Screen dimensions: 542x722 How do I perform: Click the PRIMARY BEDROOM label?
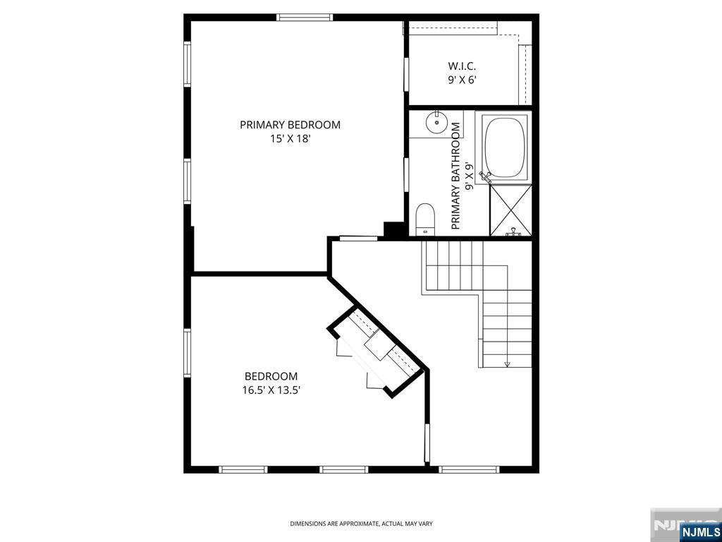290,125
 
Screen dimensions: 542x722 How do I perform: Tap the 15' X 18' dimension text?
290,140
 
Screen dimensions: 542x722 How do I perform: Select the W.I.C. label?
462,66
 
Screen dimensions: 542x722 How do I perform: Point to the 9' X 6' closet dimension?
462,80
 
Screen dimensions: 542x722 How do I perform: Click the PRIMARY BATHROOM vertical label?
455,176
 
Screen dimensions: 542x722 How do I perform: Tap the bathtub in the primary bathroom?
505,147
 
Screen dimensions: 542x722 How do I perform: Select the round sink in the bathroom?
437,123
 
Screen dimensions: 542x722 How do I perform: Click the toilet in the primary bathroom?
425,218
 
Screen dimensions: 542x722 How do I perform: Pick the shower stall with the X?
510,210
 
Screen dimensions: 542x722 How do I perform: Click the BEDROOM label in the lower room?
271,376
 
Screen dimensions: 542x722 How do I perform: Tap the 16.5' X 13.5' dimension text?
271,390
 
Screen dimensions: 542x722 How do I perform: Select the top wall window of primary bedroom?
305,18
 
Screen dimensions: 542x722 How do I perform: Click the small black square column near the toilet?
392,229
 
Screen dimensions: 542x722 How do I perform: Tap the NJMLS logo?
699,531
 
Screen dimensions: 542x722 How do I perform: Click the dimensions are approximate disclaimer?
361,524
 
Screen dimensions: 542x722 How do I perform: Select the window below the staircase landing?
469,469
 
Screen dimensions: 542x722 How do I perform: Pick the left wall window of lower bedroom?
188,353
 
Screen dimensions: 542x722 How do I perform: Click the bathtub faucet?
484,175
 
